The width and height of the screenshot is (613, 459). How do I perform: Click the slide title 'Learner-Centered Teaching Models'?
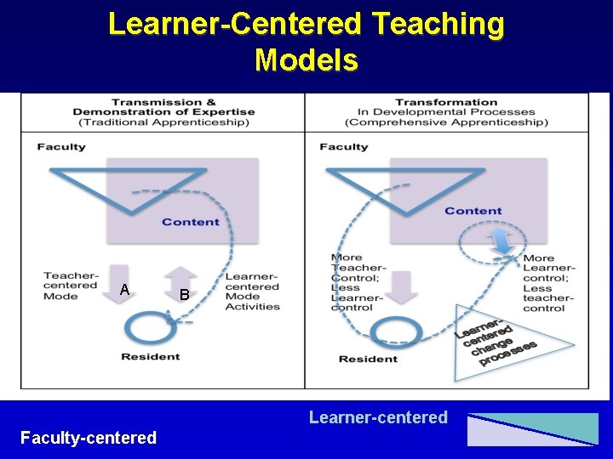(306, 42)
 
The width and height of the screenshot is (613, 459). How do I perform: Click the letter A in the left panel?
(124, 290)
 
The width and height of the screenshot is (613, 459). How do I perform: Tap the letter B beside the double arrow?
(184, 295)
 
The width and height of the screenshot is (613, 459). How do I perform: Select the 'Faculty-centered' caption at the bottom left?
(89, 437)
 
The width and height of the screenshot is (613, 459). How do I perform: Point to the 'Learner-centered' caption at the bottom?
(378, 416)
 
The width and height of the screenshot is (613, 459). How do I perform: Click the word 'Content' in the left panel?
(190, 222)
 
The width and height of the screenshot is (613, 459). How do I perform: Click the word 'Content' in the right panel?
(473, 211)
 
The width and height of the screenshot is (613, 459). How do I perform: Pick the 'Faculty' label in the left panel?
(61, 147)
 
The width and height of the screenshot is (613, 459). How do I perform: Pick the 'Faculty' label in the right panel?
(344, 147)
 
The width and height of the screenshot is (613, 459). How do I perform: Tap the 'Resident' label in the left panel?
(150, 356)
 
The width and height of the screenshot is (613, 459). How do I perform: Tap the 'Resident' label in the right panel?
(368, 359)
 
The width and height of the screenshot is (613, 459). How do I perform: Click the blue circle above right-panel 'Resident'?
(397, 331)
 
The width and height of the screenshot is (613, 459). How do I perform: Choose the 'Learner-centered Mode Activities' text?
(252, 292)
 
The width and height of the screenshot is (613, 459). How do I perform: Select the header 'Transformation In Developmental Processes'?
(446, 112)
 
